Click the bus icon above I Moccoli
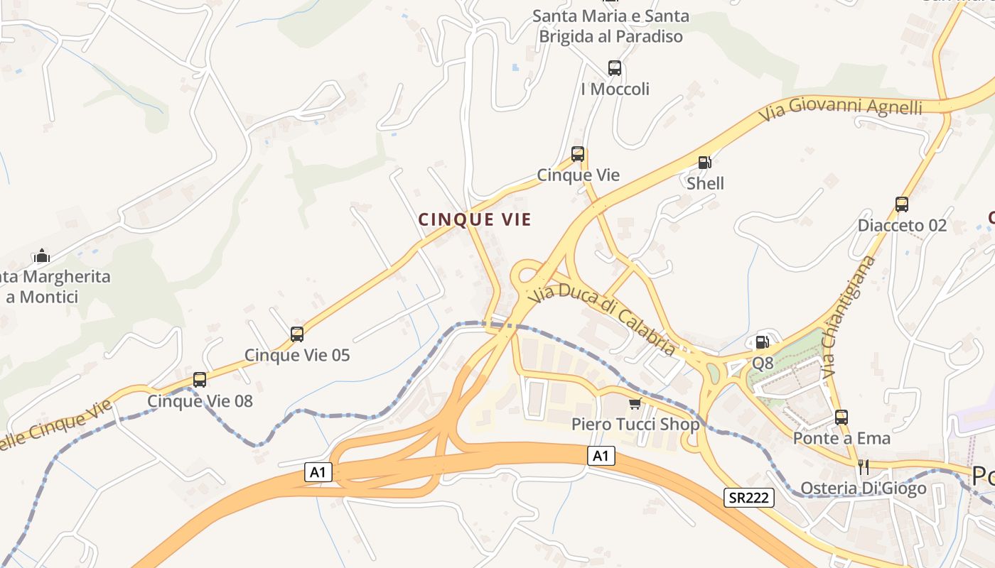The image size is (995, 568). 615,68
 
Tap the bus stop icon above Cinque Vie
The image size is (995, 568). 578,153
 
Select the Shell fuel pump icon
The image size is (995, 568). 704,163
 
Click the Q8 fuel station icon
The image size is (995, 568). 762,342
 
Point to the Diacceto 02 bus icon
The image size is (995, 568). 902,204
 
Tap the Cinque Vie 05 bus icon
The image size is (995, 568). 297,334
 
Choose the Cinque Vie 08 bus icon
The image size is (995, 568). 200,380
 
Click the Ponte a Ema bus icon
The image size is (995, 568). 841,417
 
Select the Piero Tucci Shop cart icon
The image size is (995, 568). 635,403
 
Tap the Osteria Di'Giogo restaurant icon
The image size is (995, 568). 864,466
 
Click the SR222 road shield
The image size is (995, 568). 749,498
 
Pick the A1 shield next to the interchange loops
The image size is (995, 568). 319,471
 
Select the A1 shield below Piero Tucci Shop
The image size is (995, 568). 601,456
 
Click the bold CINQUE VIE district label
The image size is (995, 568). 475,219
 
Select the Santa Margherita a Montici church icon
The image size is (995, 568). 42,256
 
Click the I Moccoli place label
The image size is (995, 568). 615,89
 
